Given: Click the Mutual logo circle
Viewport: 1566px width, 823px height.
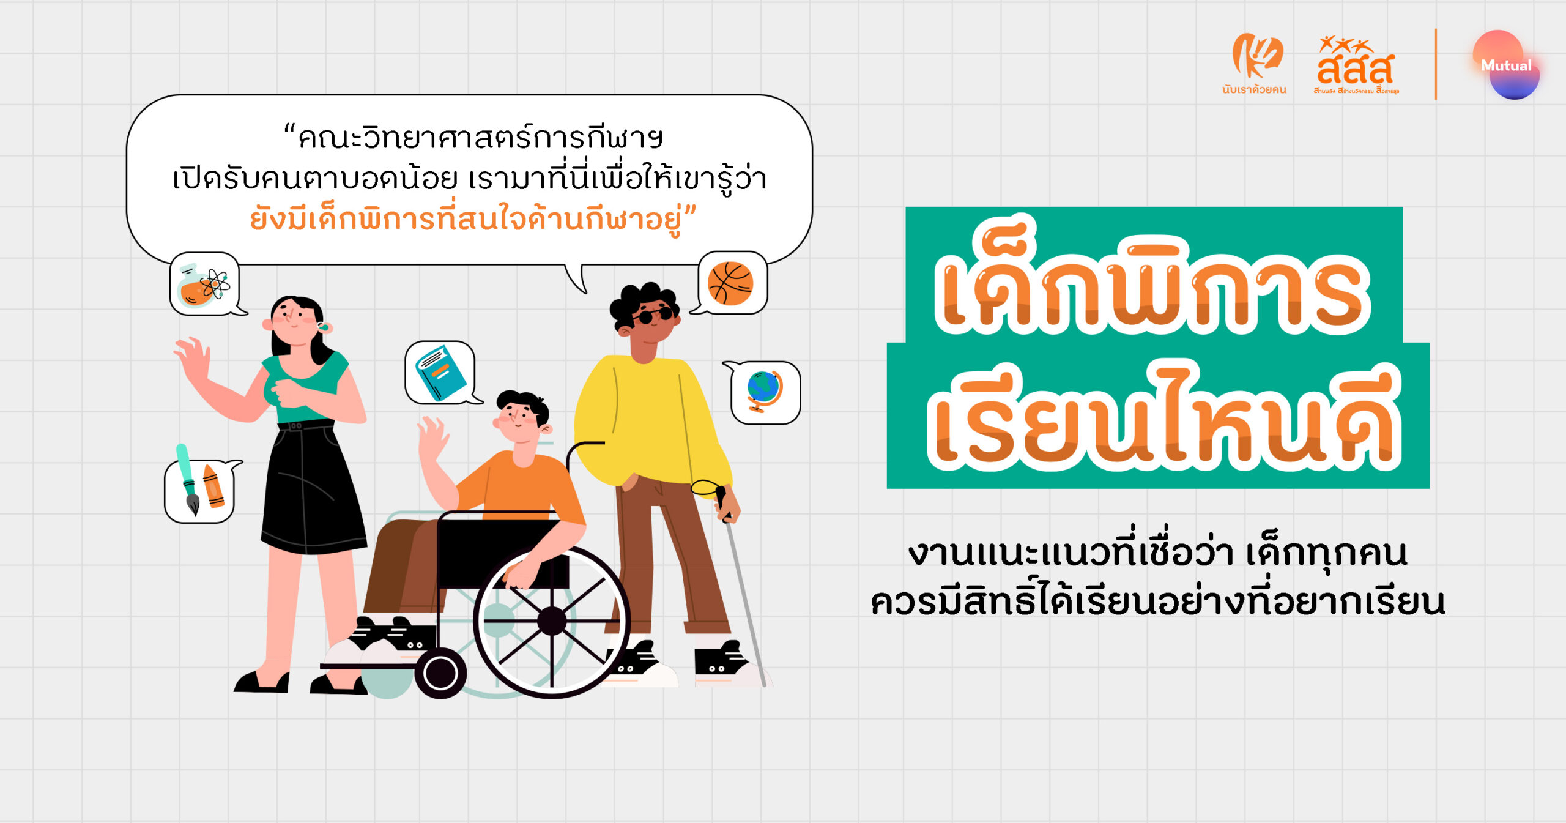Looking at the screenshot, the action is coord(1506,65).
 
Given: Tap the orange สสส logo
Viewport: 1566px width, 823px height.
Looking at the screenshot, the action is coord(1356,64).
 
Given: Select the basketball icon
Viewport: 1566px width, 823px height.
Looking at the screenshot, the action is coord(730,283).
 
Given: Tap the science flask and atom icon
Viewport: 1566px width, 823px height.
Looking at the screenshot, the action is coord(203,285).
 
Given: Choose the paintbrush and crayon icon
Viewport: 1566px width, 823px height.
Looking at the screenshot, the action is coord(201,483).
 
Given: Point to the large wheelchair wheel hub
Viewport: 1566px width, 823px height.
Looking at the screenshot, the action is coord(552,621).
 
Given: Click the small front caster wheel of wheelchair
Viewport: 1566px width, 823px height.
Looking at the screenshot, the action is coord(440,673).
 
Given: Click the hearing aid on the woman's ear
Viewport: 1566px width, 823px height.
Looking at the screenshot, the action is coord(323,327).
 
